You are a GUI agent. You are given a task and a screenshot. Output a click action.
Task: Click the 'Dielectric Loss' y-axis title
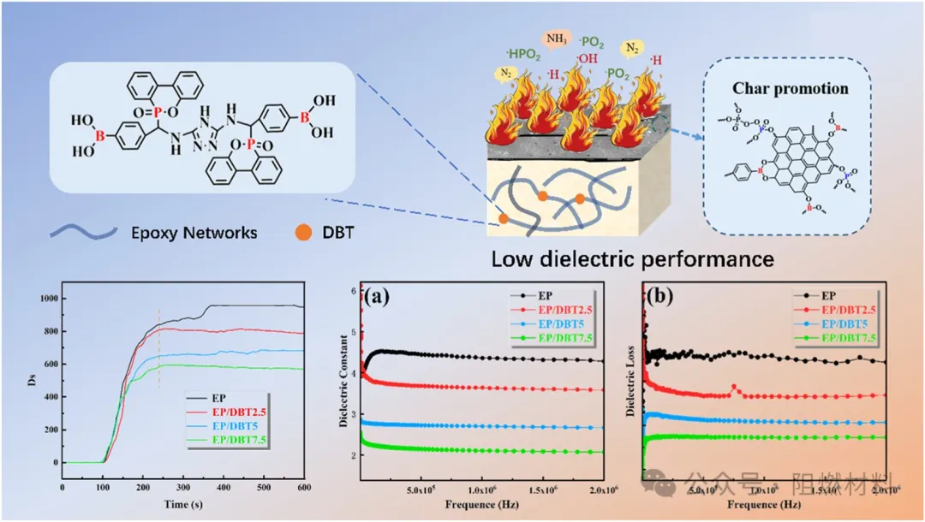pos(632,382)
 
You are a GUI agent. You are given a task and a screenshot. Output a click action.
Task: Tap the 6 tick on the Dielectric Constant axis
pos(350,291)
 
